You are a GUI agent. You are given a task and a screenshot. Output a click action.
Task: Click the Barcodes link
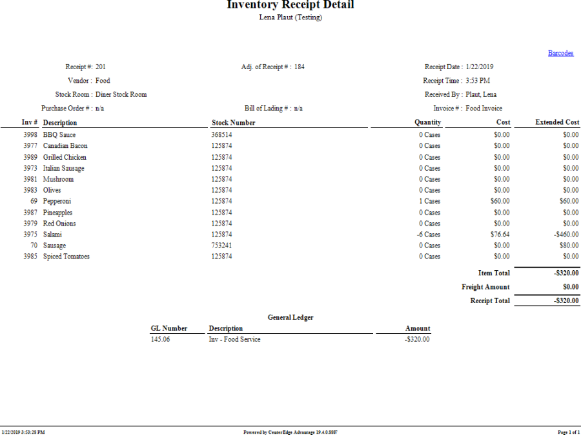coord(560,53)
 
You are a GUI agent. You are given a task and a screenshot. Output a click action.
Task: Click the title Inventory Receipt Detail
coord(290,5)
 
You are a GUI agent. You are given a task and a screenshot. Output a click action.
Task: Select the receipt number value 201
coord(101,67)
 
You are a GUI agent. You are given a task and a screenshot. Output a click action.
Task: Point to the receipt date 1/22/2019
coord(480,67)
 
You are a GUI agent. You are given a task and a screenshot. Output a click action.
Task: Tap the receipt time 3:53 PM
coord(478,81)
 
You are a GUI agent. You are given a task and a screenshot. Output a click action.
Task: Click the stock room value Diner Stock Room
coord(121,94)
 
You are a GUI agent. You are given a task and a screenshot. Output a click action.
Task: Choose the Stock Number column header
coord(233,122)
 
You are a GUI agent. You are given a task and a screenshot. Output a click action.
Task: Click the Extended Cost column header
coord(557,122)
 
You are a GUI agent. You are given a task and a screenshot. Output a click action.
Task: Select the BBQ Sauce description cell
coord(59,135)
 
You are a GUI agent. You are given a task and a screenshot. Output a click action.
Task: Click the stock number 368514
coord(221,135)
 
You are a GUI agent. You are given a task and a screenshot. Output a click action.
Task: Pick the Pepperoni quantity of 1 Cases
coord(429,201)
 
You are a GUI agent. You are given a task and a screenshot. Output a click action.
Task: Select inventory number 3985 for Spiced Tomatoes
coord(30,257)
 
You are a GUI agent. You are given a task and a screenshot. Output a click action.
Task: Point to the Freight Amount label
coord(485,287)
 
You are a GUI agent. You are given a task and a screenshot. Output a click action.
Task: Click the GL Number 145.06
coord(161,339)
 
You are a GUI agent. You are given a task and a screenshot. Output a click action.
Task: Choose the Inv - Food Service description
coord(234,339)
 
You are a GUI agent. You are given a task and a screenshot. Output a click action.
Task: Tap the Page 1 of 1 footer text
coord(569,432)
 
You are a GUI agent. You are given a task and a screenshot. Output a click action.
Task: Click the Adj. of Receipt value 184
coord(300,67)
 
